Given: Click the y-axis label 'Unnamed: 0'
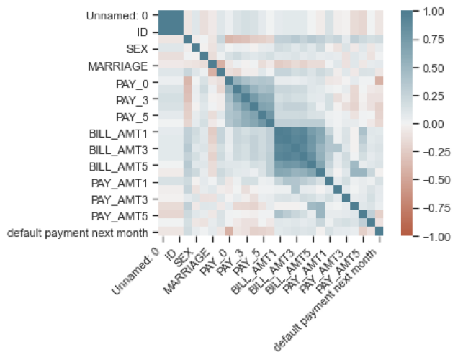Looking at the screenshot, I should (117, 16).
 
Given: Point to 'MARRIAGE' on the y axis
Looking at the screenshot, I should (118, 66).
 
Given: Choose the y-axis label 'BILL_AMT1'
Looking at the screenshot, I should (120, 132).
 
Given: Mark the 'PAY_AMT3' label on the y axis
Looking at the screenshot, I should (122, 199).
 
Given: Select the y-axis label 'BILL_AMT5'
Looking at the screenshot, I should (120, 166).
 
